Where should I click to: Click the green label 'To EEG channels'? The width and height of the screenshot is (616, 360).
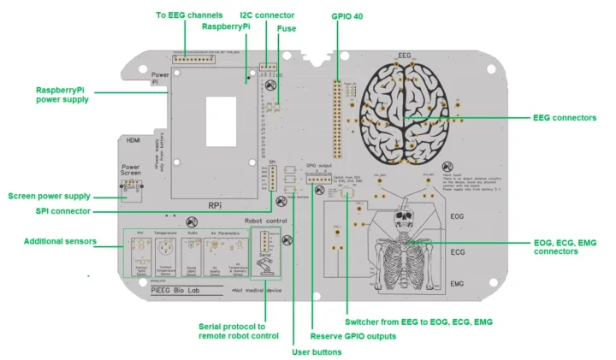click(x=188, y=15)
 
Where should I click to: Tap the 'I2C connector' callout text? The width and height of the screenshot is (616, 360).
click(x=267, y=15)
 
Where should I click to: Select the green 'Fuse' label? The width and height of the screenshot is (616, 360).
click(x=287, y=28)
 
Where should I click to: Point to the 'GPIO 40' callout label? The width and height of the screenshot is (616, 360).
click(x=346, y=15)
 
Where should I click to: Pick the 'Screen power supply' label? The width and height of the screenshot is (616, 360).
click(x=49, y=196)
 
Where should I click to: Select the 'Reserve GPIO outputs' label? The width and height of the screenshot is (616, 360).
click(x=352, y=336)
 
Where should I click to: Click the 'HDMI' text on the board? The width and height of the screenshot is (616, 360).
click(x=133, y=140)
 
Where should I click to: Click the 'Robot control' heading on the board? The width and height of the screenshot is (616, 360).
click(x=266, y=221)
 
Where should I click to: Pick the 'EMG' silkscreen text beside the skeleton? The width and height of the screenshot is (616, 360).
click(x=458, y=283)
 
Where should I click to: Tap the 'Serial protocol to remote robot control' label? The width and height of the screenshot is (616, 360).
click(x=238, y=331)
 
